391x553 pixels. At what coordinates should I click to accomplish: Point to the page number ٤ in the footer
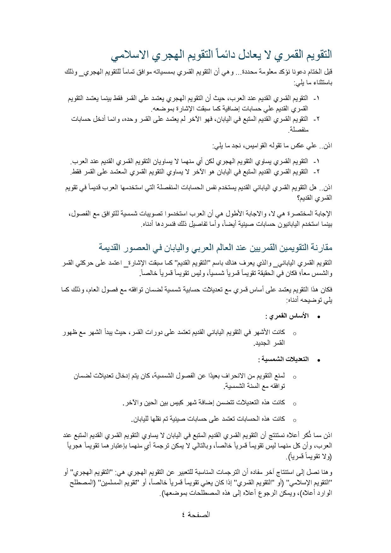coord(183,515)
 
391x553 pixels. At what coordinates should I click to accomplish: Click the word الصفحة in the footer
coord(199,515)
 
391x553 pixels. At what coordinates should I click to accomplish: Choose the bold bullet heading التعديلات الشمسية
coord(283,359)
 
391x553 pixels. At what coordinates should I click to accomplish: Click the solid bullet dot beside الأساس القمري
coord(318,317)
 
